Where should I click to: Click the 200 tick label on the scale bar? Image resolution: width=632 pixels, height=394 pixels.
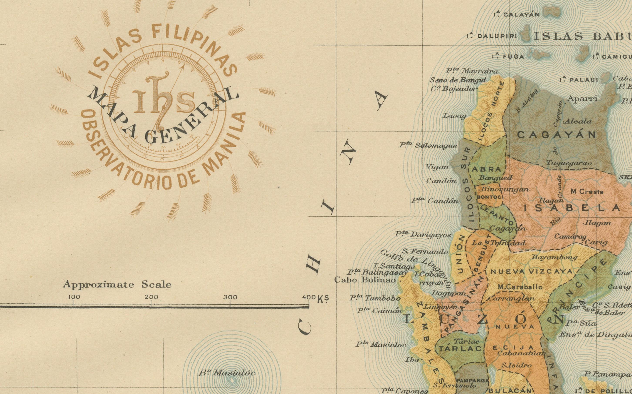151,297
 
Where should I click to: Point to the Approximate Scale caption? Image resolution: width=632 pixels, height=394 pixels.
117,284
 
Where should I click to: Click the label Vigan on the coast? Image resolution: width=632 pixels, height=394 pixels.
437,167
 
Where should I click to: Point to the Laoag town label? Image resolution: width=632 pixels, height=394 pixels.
454,115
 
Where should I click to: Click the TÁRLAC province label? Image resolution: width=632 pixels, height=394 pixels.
459,349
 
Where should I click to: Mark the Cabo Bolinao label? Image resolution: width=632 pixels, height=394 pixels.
365,280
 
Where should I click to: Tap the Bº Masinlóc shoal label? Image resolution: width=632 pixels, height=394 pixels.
227,373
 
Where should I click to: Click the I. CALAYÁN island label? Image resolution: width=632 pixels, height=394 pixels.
516,15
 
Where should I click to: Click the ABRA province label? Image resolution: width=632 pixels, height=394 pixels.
487,169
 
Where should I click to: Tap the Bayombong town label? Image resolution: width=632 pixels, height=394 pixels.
554,257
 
